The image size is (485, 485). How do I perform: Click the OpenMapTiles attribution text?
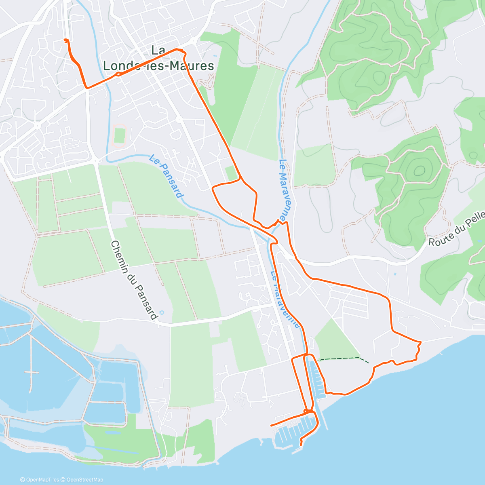tap(42, 480)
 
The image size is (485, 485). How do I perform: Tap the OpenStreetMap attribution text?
tap(85, 480)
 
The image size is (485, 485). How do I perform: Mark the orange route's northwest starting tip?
tap(65, 39)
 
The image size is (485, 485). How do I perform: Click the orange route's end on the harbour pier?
tap(301, 445)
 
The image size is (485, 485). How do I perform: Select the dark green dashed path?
tap(344, 358)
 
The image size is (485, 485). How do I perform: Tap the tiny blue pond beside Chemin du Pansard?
tap(162, 312)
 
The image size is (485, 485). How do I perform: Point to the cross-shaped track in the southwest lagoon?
tap(31, 372)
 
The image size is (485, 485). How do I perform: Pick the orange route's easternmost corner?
tap(420, 342)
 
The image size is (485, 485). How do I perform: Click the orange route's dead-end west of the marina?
tap(271, 426)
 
